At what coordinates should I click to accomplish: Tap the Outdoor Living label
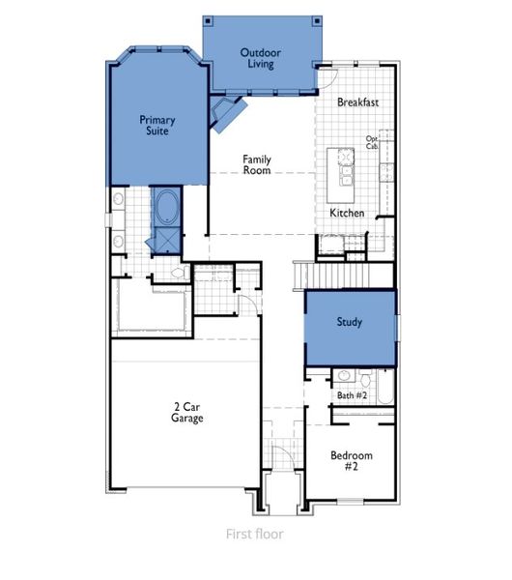coord(258,58)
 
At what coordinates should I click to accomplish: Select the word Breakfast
coord(358,101)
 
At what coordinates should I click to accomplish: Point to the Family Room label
coord(256,164)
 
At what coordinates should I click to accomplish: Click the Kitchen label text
coord(347,212)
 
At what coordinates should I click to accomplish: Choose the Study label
coord(349,322)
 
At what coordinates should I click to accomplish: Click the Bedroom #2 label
coord(351,460)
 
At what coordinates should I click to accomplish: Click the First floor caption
coord(255,533)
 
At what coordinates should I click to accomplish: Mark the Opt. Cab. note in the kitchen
coord(372,142)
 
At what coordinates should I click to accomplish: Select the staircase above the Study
coord(346,276)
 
